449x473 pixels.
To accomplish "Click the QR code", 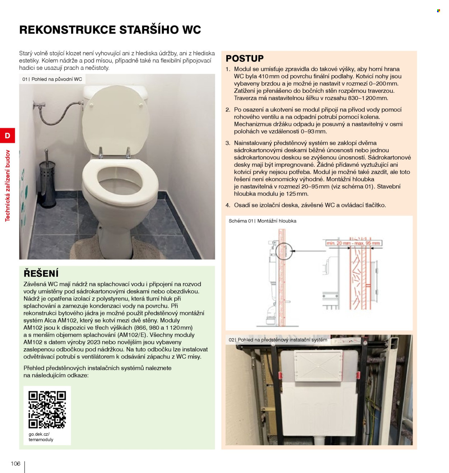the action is (47, 409).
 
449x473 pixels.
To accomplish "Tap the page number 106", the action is (16, 464).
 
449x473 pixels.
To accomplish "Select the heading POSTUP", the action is (245, 59).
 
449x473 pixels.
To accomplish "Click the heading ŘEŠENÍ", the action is (41, 274).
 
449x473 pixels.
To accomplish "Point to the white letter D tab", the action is (8, 136).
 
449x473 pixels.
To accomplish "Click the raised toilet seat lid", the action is (115, 121).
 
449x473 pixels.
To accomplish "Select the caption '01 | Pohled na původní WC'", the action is (52, 79).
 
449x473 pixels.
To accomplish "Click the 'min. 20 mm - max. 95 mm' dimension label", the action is (353, 243).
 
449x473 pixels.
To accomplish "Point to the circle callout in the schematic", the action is (284, 251).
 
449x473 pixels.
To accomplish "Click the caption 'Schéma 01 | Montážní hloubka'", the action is (262, 221).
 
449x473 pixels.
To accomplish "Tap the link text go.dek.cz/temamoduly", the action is (41, 437).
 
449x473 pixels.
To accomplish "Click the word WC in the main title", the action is (191, 30).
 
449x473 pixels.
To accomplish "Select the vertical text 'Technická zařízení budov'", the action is (8, 186).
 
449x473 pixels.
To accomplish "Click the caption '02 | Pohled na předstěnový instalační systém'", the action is (278, 340).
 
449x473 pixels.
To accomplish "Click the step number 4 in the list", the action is (227, 205).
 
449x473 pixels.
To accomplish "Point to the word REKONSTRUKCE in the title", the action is (68, 30).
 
